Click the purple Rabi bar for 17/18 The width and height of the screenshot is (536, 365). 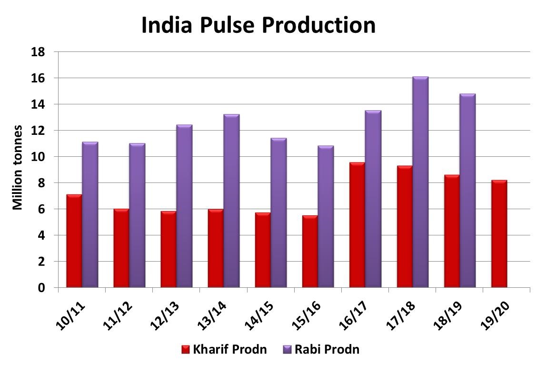[420, 182]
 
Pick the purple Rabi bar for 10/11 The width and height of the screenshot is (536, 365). [90, 214]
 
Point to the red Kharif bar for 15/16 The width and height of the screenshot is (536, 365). [310, 252]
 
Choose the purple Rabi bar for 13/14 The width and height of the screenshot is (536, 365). [231, 201]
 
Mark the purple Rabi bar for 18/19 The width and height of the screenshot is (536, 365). [467, 191]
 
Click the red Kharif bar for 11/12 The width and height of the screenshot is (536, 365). [121, 248]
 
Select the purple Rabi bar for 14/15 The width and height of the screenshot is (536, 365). [278, 213]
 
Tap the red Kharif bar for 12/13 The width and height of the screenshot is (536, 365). [169, 249]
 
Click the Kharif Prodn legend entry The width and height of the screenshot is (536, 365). [224, 349]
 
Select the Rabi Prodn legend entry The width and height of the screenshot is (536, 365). [321, 349]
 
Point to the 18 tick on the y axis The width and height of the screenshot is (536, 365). [38, 52]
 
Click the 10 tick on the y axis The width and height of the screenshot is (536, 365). [38, 157]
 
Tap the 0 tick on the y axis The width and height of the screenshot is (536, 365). [41, 288]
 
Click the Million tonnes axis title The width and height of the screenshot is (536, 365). [18, 167]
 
